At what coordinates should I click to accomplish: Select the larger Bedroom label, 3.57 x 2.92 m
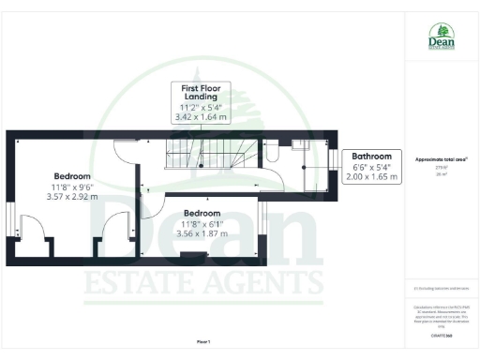click(72, 176)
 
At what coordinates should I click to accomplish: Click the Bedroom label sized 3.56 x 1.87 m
click(202, 213)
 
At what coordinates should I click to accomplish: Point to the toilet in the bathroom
click(272, 155)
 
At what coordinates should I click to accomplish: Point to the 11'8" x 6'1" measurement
click(202, 224)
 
